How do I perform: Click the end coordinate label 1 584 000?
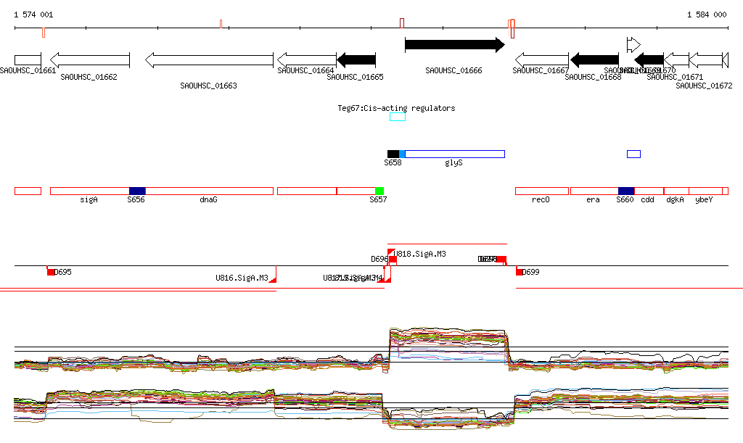(x=706, y=15)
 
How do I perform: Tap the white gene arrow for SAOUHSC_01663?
(x=209, y=60)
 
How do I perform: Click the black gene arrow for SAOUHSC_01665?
(x=356, y=60)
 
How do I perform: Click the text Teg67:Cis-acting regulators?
(x=396, y=108)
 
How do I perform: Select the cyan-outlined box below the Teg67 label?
(x=398, y=117)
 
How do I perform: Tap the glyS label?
(x=453, y=163)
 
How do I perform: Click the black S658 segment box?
(x=393, y=154)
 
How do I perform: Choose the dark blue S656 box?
(x=136, y=191)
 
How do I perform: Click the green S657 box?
(x=379, y=191)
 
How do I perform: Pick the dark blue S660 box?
(x=625, y=191)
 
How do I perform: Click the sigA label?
(x=89, y=199)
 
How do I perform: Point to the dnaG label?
(x=208, y=199)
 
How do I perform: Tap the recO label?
(x=541, y=199)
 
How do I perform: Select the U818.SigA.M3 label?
(x=420, y=254)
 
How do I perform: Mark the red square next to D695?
(x=51, y=272)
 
